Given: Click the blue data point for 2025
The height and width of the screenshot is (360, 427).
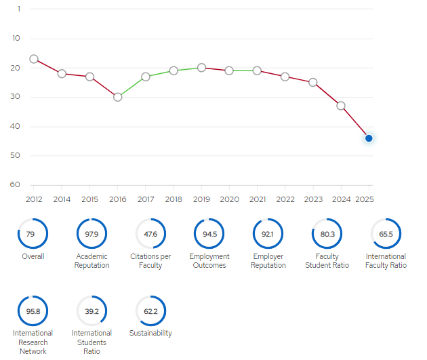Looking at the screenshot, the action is tap(369, 138).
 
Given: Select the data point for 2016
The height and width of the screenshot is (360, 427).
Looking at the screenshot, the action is tap(118, 97).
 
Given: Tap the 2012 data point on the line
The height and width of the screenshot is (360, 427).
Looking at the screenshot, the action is tap(34, 59).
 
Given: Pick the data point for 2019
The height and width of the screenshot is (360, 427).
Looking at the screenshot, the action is tap(201, 68).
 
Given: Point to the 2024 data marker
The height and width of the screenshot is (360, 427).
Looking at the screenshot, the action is tap(341, 106).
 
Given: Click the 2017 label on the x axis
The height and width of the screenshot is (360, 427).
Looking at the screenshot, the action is tap(146, 199).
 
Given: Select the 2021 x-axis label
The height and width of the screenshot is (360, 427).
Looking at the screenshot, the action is tap(258, 199).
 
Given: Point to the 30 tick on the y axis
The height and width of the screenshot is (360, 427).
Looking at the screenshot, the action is tap(15, 96).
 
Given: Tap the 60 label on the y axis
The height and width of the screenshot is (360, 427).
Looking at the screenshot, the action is tap(15, 184).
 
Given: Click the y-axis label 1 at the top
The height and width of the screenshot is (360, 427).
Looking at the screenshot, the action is tap(19, 9).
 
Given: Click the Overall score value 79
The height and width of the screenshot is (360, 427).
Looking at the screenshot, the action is tap(30, 234).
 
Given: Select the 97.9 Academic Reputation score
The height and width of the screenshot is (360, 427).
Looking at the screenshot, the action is tap(91, 234).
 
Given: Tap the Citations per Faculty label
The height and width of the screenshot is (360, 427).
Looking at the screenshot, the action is tap(150, 260).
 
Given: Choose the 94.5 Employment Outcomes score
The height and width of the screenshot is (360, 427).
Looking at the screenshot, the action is tap(209, 234).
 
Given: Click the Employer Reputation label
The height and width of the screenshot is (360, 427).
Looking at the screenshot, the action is tap(268, 260).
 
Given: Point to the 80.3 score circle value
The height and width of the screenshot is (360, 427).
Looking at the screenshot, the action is tap(327, 234).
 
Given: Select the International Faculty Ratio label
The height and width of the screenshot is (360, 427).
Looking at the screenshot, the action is tap(386, 260).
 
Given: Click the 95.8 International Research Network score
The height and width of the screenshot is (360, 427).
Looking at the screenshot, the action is tap(33, 311).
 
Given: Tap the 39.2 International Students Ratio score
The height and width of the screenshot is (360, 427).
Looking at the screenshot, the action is tap(91, 311).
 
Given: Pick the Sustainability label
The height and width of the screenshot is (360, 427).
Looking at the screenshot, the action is tap(150, 333).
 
